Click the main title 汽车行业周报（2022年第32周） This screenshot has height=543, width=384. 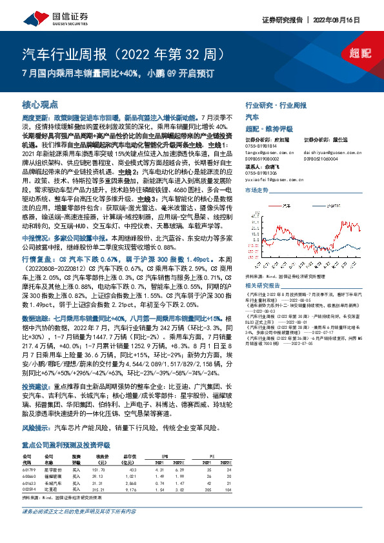pyautogui.click(x=123, y=52)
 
